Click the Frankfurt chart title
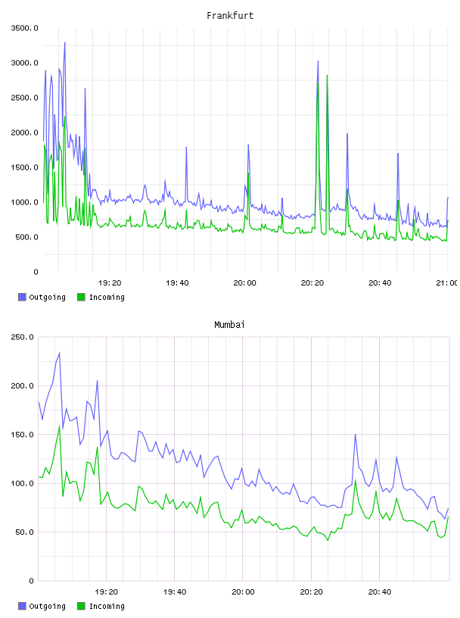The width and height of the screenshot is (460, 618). (x=230, y=15)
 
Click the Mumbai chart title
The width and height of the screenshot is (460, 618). (x=229, y=324)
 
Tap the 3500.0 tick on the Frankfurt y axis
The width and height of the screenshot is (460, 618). (x=24, y=28)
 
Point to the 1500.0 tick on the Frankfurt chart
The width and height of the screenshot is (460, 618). (x=24, y=167)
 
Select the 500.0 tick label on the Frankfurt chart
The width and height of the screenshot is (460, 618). (x=26, y=237)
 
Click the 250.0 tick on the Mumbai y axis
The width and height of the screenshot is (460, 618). (x=23, y=337)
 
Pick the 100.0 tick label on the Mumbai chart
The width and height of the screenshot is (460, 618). (x=23, y=483)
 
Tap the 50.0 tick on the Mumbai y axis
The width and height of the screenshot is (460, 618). (x=24, y=532)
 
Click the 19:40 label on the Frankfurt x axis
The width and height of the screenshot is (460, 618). (x=177, y=283)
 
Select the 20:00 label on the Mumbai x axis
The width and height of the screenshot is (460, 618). (x=243, y=592)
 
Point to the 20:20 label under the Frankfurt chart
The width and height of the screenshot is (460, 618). (x=312, y=283)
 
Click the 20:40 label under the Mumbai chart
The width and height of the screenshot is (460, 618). (x=380, y=592)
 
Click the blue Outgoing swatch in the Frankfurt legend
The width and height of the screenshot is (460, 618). (x=22, y=297)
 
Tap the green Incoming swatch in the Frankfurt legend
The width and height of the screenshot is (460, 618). (x=81, y=297)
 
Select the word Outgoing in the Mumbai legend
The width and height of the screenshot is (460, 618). (x=47, y=606)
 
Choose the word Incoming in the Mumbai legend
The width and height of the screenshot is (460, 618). (x=107, y=606)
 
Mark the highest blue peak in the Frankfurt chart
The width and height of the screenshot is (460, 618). (x=65, y=42)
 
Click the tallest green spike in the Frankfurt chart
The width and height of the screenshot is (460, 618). (x=328, y=75)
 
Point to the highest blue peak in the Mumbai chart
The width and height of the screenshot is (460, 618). (x=60, y=353)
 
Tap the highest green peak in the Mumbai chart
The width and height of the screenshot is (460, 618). (x=60, y=426)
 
